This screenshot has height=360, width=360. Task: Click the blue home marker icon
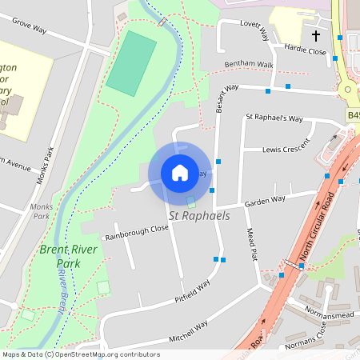pyautogui.click(x=180, y=172)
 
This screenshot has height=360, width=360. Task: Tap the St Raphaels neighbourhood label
pyautogui.click(x=198, y=216)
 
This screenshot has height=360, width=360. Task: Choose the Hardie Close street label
pyautogui.click(x=306, y=51)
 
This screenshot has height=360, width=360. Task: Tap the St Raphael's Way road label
pyautogui.click(x=274, y=118)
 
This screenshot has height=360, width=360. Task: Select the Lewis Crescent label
pyautogui.click(x=286, y=149)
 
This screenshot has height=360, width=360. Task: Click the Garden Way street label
pyautogui.click(x=266, y=200)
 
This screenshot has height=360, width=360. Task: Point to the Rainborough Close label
pyautogui.click(x=136, y=233)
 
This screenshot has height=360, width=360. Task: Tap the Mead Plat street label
pyautogui.click(x=252, y=244)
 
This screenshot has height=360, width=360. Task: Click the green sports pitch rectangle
pyautogui.click(x=131, y=62)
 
